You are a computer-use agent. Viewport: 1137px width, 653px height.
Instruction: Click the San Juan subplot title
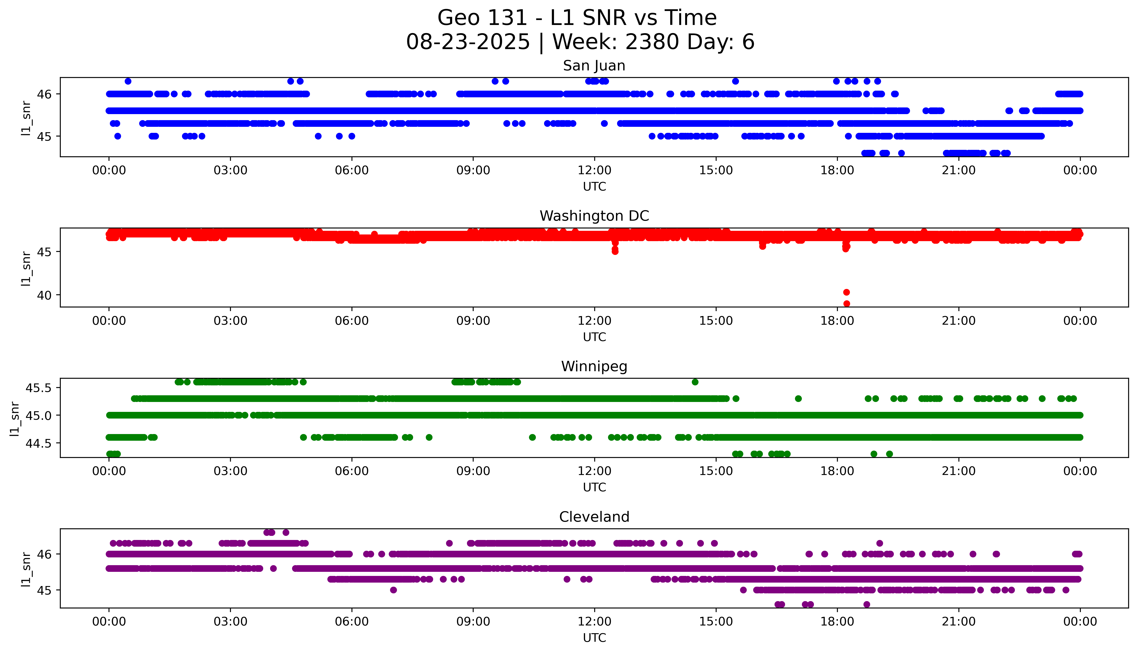pos(594,66)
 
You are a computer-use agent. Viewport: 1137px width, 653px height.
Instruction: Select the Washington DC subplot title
pos(594,216)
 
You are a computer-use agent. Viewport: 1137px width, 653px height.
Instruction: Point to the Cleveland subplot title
pos(594,517)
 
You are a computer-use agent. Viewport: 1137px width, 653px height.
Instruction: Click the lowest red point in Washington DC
pos(846,304)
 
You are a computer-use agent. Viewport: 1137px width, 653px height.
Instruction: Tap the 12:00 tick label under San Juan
pos(594,171)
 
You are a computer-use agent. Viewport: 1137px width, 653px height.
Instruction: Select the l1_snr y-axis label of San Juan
pos(26,118)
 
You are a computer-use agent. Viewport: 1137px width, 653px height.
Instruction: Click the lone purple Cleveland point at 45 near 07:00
pos(393,590)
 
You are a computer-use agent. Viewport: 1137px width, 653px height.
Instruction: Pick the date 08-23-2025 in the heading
pos(468,42)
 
